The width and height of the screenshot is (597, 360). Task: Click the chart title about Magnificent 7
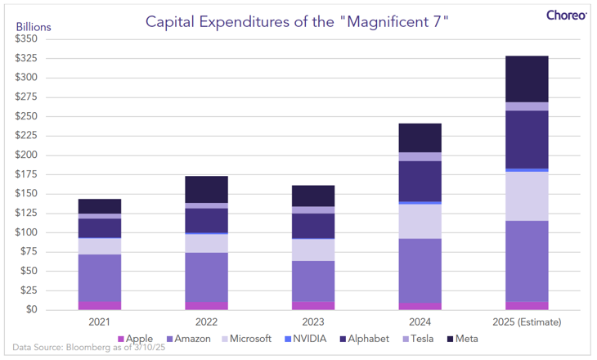point(298,20)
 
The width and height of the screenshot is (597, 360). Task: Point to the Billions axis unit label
point(34,26)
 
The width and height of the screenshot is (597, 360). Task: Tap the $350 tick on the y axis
point(26,39)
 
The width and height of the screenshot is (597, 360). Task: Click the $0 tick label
point(32,310)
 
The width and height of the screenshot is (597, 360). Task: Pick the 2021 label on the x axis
point(100,322)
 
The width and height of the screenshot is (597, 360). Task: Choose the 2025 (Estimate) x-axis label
point(527,322)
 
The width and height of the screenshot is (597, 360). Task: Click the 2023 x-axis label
point(313,322)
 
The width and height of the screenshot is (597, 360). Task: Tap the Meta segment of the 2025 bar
point(527,79)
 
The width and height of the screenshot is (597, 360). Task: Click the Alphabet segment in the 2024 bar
point(420,181)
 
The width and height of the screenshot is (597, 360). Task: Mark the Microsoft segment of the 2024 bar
point(420,221)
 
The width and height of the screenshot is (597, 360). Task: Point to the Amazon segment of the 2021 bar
point(100,278)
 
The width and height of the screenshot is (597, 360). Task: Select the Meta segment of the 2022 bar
point(206,189)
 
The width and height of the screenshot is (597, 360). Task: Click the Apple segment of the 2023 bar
point(313,306)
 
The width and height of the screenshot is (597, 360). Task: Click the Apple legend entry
point(137,339)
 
